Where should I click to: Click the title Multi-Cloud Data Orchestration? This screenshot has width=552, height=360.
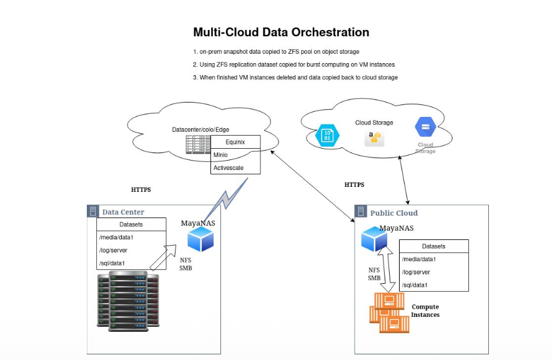pos(281,32)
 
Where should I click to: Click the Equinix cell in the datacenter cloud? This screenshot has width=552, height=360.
pos(235,142)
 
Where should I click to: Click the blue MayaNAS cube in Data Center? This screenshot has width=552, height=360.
pos(200,239)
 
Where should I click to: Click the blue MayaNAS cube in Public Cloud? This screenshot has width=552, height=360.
pos(375,239)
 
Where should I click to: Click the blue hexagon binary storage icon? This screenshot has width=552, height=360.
pos(328,136)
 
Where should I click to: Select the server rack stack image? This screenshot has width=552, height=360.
pos(128,299)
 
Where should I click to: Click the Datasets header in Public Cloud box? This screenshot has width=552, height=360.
pos(434,246)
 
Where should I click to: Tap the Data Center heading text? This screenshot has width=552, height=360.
pos(123,212)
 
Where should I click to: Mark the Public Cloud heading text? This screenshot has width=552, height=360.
pos(394,212)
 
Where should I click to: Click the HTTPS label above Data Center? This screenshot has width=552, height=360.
pos(140,189)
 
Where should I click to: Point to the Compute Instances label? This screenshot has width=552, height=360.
pos(425,311)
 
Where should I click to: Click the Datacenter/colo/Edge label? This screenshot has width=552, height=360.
pos(200,129)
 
